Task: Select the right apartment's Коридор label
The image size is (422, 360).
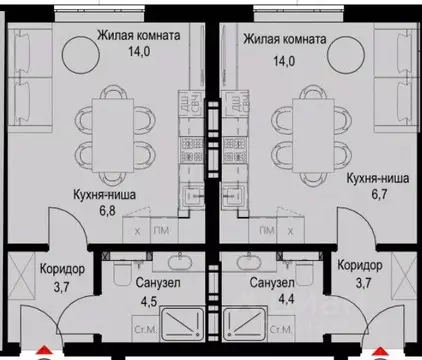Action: pos(360,266)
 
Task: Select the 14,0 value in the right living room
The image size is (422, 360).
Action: pos(286,59)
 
